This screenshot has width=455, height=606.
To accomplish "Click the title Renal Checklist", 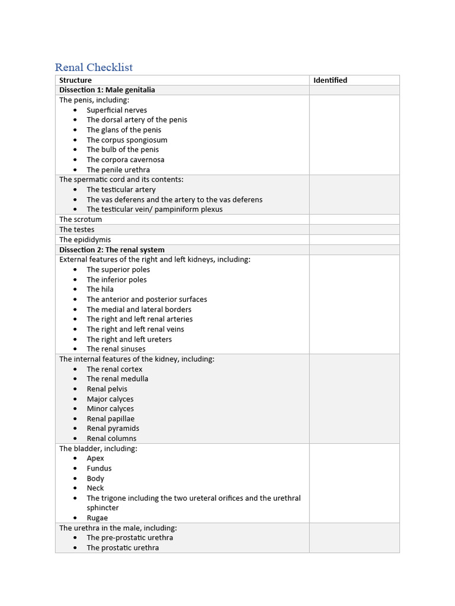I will coord(94,67).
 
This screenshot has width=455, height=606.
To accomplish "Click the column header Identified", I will coord(330,80).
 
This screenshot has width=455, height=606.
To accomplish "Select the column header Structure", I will coord(75,80).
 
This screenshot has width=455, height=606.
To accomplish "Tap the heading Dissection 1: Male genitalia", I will coord(107,90).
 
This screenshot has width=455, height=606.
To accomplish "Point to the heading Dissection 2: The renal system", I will coord(111,250).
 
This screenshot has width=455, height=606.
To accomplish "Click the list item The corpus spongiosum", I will coord(127,140).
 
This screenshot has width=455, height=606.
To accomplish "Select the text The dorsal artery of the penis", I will coord(136,120).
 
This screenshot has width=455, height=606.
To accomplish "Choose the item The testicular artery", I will coord(121,190).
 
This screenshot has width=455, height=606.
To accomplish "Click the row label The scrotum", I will coord(81,220).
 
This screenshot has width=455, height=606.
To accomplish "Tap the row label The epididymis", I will coord(85,240).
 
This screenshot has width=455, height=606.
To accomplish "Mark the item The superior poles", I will coord(118,270).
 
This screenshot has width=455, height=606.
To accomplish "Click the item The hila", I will coord(100,289).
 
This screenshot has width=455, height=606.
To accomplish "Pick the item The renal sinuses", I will coord(116,349).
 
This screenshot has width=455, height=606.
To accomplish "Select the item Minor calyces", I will coord(110,409).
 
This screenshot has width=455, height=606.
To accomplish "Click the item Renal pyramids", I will coord(113,428).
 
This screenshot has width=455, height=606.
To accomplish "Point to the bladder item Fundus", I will coord(99,469).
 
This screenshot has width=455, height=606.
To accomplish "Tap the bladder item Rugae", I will coord(97,518).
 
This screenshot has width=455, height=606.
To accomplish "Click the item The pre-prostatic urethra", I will coord(130,538).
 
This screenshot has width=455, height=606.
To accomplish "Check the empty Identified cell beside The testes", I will coord(354,230).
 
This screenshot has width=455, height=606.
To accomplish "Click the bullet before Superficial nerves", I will coord(75,111).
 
